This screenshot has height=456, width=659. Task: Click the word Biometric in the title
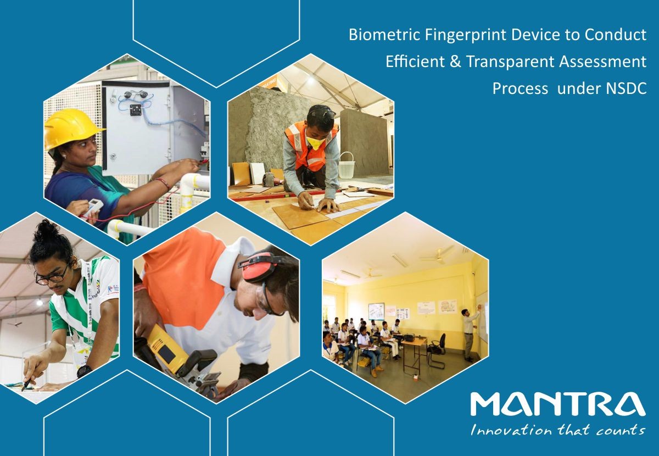[384, 35]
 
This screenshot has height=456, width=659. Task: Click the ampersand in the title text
[455, 62]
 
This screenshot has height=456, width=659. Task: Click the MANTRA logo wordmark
[558, 404]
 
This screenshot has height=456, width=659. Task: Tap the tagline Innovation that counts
[558, 430]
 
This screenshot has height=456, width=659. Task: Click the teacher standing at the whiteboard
[470, 333]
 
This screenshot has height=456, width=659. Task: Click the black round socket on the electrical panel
[135, 109]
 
